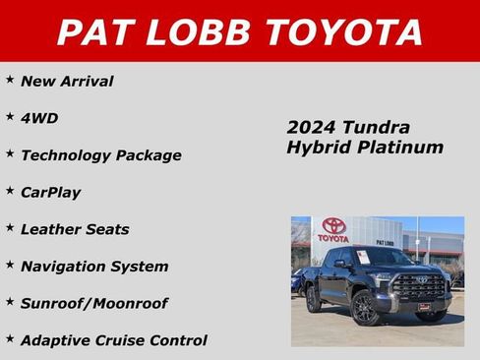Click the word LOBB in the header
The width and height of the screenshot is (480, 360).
[193, 31]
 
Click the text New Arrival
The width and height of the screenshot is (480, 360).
[67, 82]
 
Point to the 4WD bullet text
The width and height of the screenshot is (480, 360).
[39, 118]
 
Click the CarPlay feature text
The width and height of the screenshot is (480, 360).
[51, 193]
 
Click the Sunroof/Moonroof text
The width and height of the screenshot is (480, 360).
[94, 304]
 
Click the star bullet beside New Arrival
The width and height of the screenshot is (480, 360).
[10, 79]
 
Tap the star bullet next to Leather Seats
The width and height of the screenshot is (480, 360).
[10, 226]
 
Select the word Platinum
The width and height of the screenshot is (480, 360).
[401, 148]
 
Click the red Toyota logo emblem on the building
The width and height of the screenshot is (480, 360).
[333, 226]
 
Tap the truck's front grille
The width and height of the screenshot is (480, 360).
[419, 287]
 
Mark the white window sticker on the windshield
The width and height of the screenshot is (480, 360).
[363, 258]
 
